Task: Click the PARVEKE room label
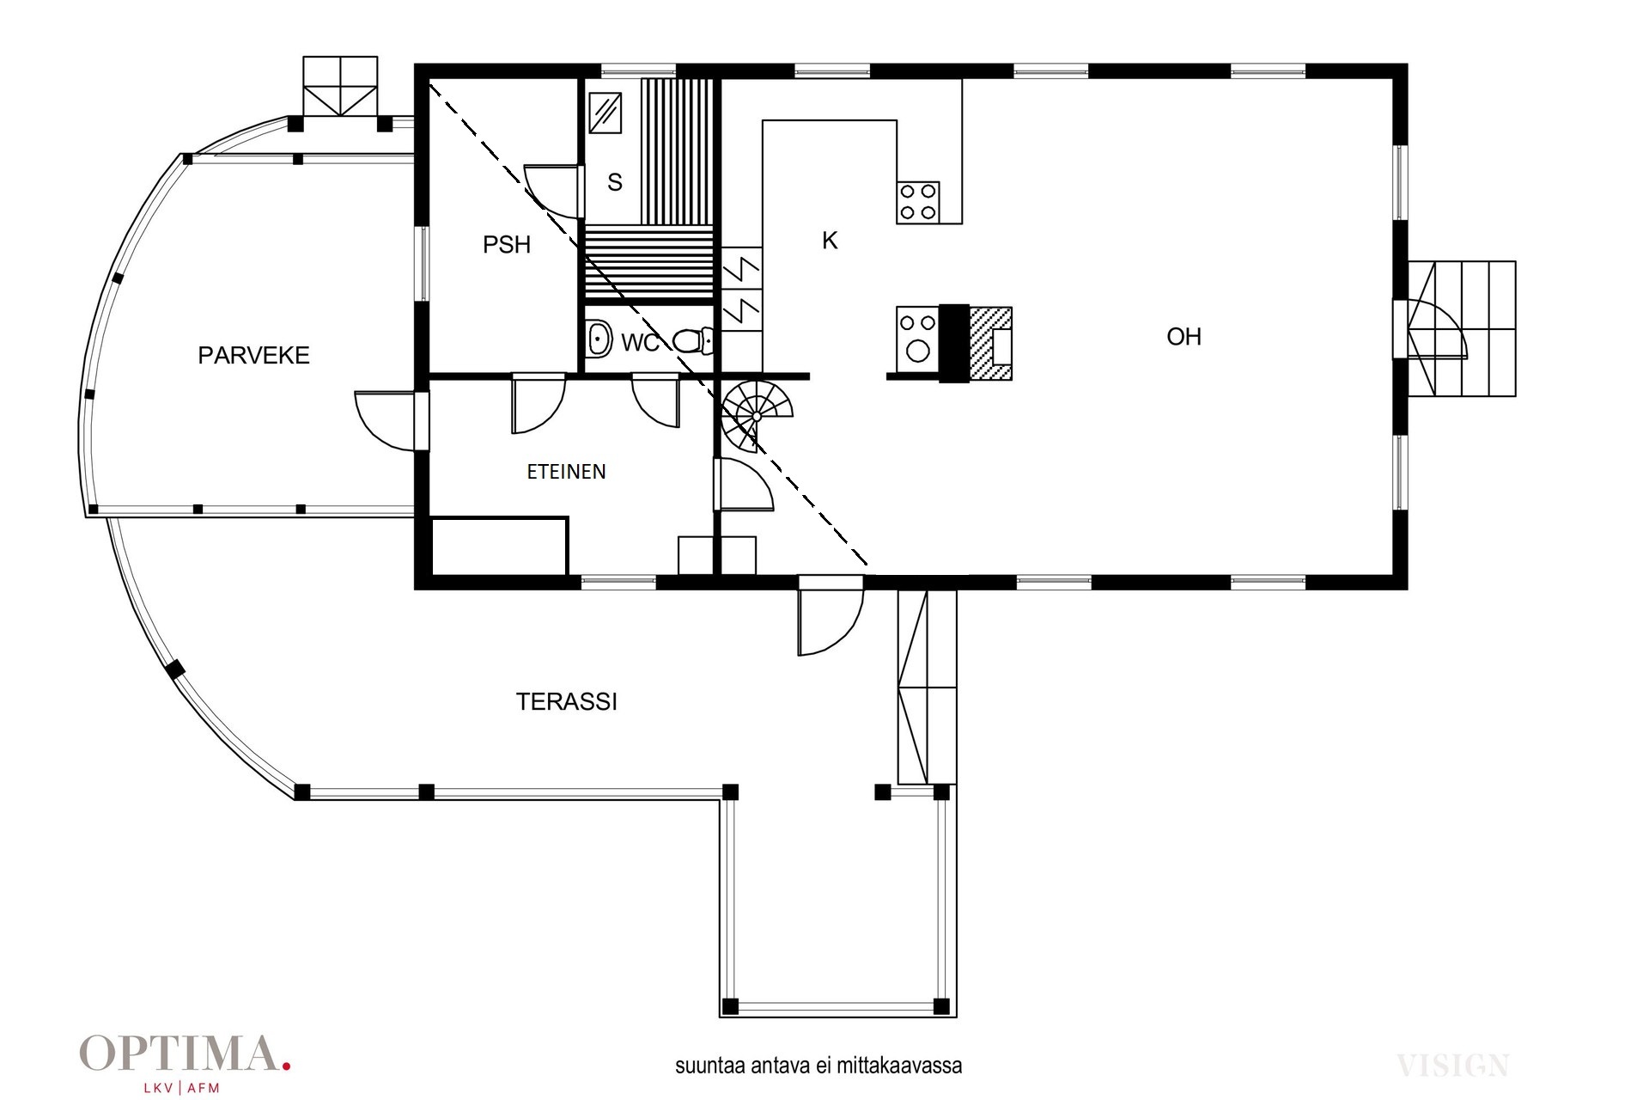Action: click(253, 355)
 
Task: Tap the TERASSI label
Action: click(567, 701)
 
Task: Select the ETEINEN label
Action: click(566, 471)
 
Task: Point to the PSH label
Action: click(507, 245)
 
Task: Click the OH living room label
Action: click(1184, 337)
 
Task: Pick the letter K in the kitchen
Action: click(830, 241)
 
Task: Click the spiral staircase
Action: click(756, 416)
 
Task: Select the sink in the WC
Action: click(599, 339)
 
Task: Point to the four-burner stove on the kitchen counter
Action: click(917, 202)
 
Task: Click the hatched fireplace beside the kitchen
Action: click(990, 344)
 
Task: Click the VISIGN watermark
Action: click(1452, 1066)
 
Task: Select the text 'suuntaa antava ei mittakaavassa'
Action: click(818, 1066)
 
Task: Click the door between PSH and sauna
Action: click(553, 190)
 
